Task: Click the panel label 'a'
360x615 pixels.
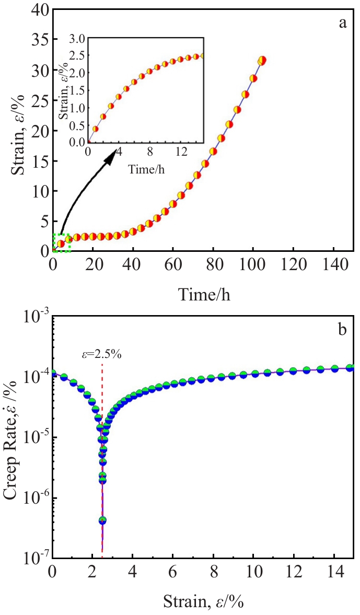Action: click(x=343, y=24)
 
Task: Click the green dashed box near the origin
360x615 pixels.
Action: click(x=62, y=243)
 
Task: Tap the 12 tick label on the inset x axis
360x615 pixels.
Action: click(x=180, y=153)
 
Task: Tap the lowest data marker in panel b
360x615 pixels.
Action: click(x=102, y=520)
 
